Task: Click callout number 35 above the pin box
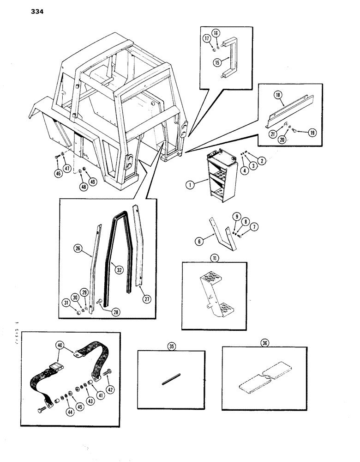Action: [x=171, y=345]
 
